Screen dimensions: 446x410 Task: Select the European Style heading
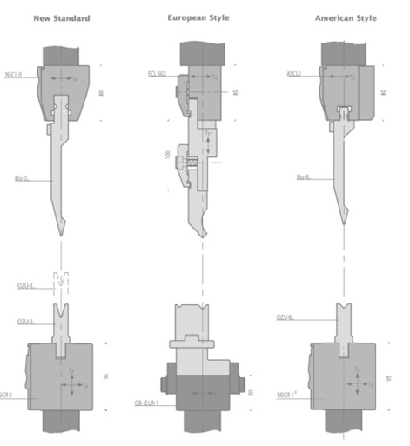pyautogui.click(x=198, y=17)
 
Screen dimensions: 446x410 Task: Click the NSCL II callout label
pyautogui.click(x=14, y=76)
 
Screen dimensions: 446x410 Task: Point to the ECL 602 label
pyautogui.click(x=158, y=75)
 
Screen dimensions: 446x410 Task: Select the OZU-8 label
pyautogui.click(x=286, y=317)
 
